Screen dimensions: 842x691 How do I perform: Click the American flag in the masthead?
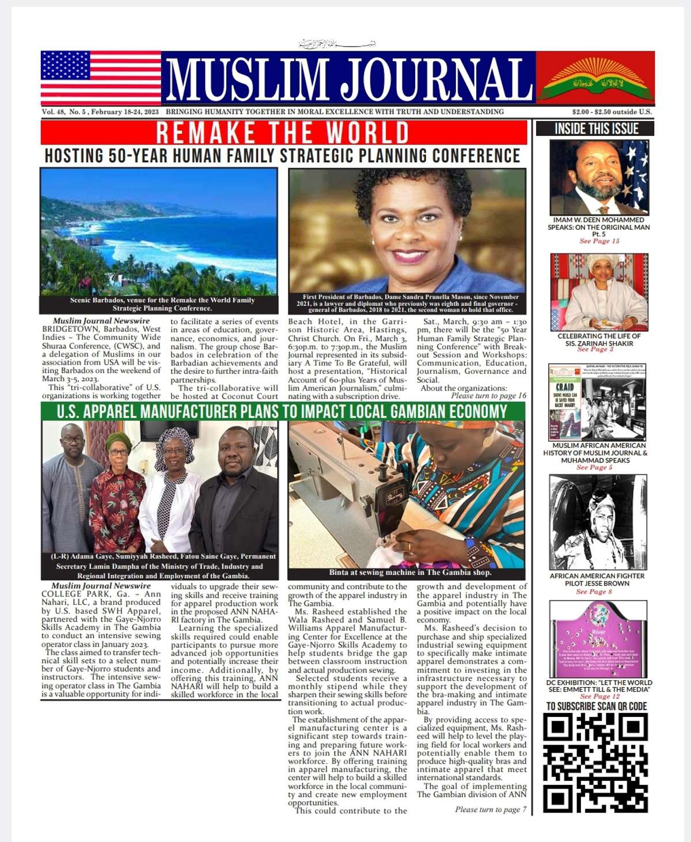tap(101, 77)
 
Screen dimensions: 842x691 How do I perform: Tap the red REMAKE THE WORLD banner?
tap(283, 132)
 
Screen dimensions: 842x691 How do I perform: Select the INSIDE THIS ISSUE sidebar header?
tap(595, 128)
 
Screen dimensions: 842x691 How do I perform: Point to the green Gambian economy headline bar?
tap(283, 411)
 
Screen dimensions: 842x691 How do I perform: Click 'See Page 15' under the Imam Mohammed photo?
tap(599, 241)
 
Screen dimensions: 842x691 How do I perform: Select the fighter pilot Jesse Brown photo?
tap(597, 522)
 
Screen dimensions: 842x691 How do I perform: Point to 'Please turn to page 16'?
tap(488, 396)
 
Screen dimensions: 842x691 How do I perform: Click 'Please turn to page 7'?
tap(491, 809)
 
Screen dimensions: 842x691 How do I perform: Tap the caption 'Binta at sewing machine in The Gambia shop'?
tap(410, 572)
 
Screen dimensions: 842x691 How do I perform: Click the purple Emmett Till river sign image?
tap(598, 639)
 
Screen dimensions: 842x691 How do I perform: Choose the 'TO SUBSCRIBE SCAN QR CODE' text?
tap(597, 706)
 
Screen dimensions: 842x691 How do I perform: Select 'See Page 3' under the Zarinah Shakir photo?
tap(595, 350)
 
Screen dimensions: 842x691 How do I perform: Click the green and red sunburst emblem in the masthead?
tap(595, 77)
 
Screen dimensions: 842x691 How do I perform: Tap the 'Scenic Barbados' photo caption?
tap(162, 304)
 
